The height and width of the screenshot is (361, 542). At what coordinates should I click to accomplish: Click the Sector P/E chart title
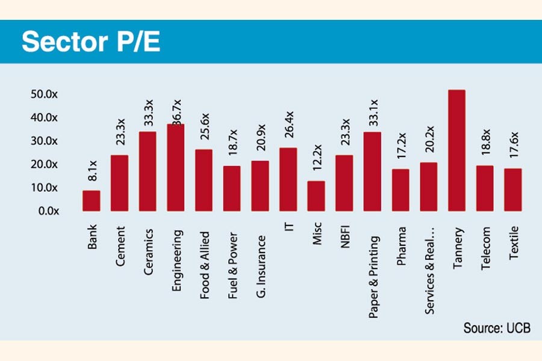(91, 42)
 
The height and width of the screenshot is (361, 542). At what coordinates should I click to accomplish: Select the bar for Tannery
(456, 150)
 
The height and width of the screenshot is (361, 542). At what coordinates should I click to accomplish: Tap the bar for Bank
(91, 200)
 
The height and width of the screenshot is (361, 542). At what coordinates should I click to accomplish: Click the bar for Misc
(316, 196)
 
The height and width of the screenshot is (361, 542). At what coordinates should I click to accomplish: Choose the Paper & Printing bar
(372, 171)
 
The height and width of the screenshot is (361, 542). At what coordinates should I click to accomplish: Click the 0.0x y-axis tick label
(45, 211)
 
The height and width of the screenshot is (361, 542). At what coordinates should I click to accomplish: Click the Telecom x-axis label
(485, 247)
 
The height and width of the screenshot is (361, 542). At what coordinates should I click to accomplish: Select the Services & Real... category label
(429, 262)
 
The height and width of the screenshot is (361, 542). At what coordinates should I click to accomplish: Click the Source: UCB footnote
(497, 329)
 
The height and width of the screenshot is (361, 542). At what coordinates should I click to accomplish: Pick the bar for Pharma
(400, 190)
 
